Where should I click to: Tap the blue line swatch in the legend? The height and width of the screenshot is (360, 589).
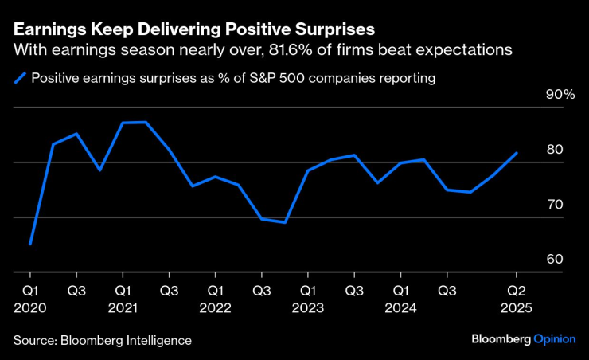(19, 78)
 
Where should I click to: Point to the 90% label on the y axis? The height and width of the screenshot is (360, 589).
(560, 95)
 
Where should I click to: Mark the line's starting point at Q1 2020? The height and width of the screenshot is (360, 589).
(30, 244)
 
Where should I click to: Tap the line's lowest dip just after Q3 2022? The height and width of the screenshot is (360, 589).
(284, 222)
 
